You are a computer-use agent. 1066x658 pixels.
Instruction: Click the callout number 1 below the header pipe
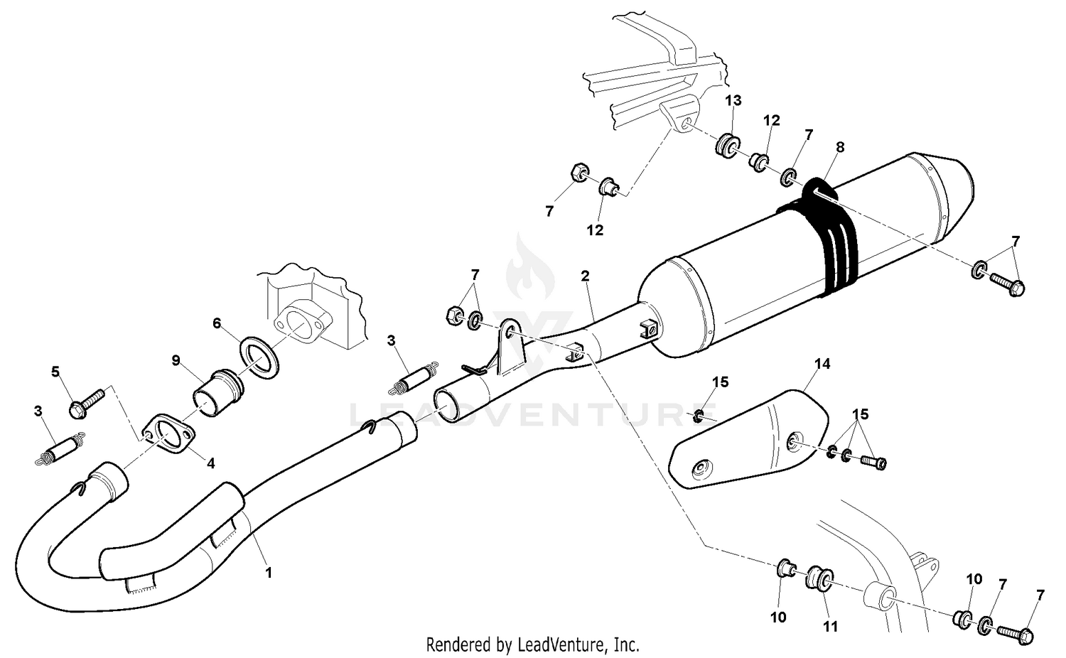(269, 571)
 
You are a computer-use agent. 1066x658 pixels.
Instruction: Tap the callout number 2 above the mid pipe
(585, 275)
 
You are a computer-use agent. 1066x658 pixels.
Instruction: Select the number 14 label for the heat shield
(822, 364)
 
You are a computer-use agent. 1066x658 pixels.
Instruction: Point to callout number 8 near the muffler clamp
(841, 147)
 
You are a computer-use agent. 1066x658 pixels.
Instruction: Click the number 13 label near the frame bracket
(733, 100)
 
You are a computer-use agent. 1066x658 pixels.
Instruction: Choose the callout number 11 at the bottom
(830, 627)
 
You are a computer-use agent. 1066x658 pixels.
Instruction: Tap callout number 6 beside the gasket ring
(217, 323)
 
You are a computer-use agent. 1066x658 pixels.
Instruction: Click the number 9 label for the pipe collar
(175, 360)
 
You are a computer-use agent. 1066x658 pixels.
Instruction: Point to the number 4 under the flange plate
(210, 463)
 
